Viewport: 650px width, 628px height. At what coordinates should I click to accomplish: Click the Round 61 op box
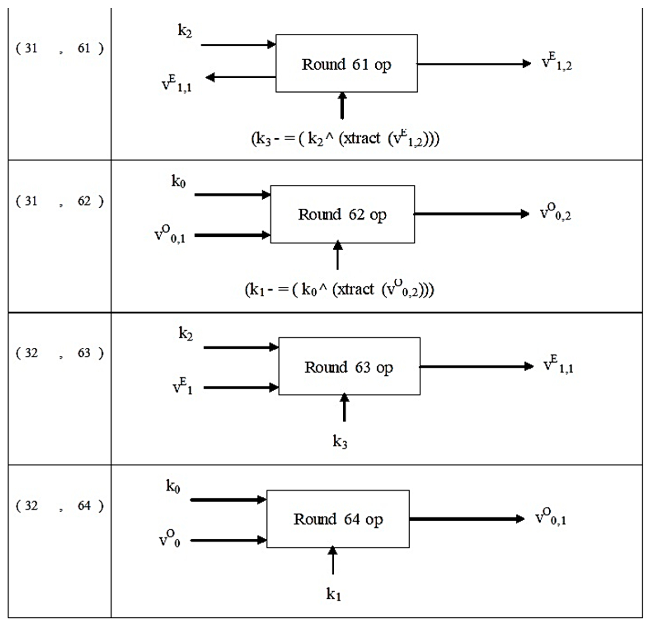(346, 63)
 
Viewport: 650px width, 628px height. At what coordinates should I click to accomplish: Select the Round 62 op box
(342, 214)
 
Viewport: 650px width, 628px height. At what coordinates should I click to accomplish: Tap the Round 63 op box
(349, 366)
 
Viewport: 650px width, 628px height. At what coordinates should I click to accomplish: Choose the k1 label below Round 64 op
(333, 594)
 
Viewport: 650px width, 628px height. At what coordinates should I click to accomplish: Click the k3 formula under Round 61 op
(345, 139)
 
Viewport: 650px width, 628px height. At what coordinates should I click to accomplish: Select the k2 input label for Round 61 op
(185, 31)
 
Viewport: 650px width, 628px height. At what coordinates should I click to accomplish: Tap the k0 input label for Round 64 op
(173, 486)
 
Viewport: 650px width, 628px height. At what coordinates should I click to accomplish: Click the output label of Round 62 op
(555, 212)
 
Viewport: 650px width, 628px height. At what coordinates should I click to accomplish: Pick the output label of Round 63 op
(558, 365)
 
